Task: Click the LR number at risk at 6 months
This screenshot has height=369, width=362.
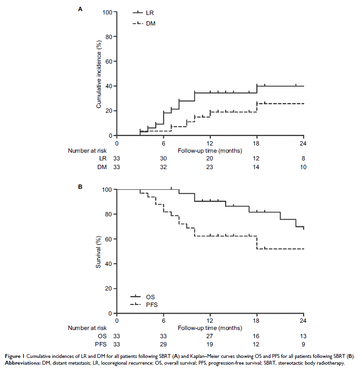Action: click(x=163, y=158)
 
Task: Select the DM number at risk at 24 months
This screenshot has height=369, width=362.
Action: click(x=303, y=167)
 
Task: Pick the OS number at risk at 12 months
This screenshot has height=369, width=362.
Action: click(x=210, y=336)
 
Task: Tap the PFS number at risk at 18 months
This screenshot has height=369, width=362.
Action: click(x=257, y=344)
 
